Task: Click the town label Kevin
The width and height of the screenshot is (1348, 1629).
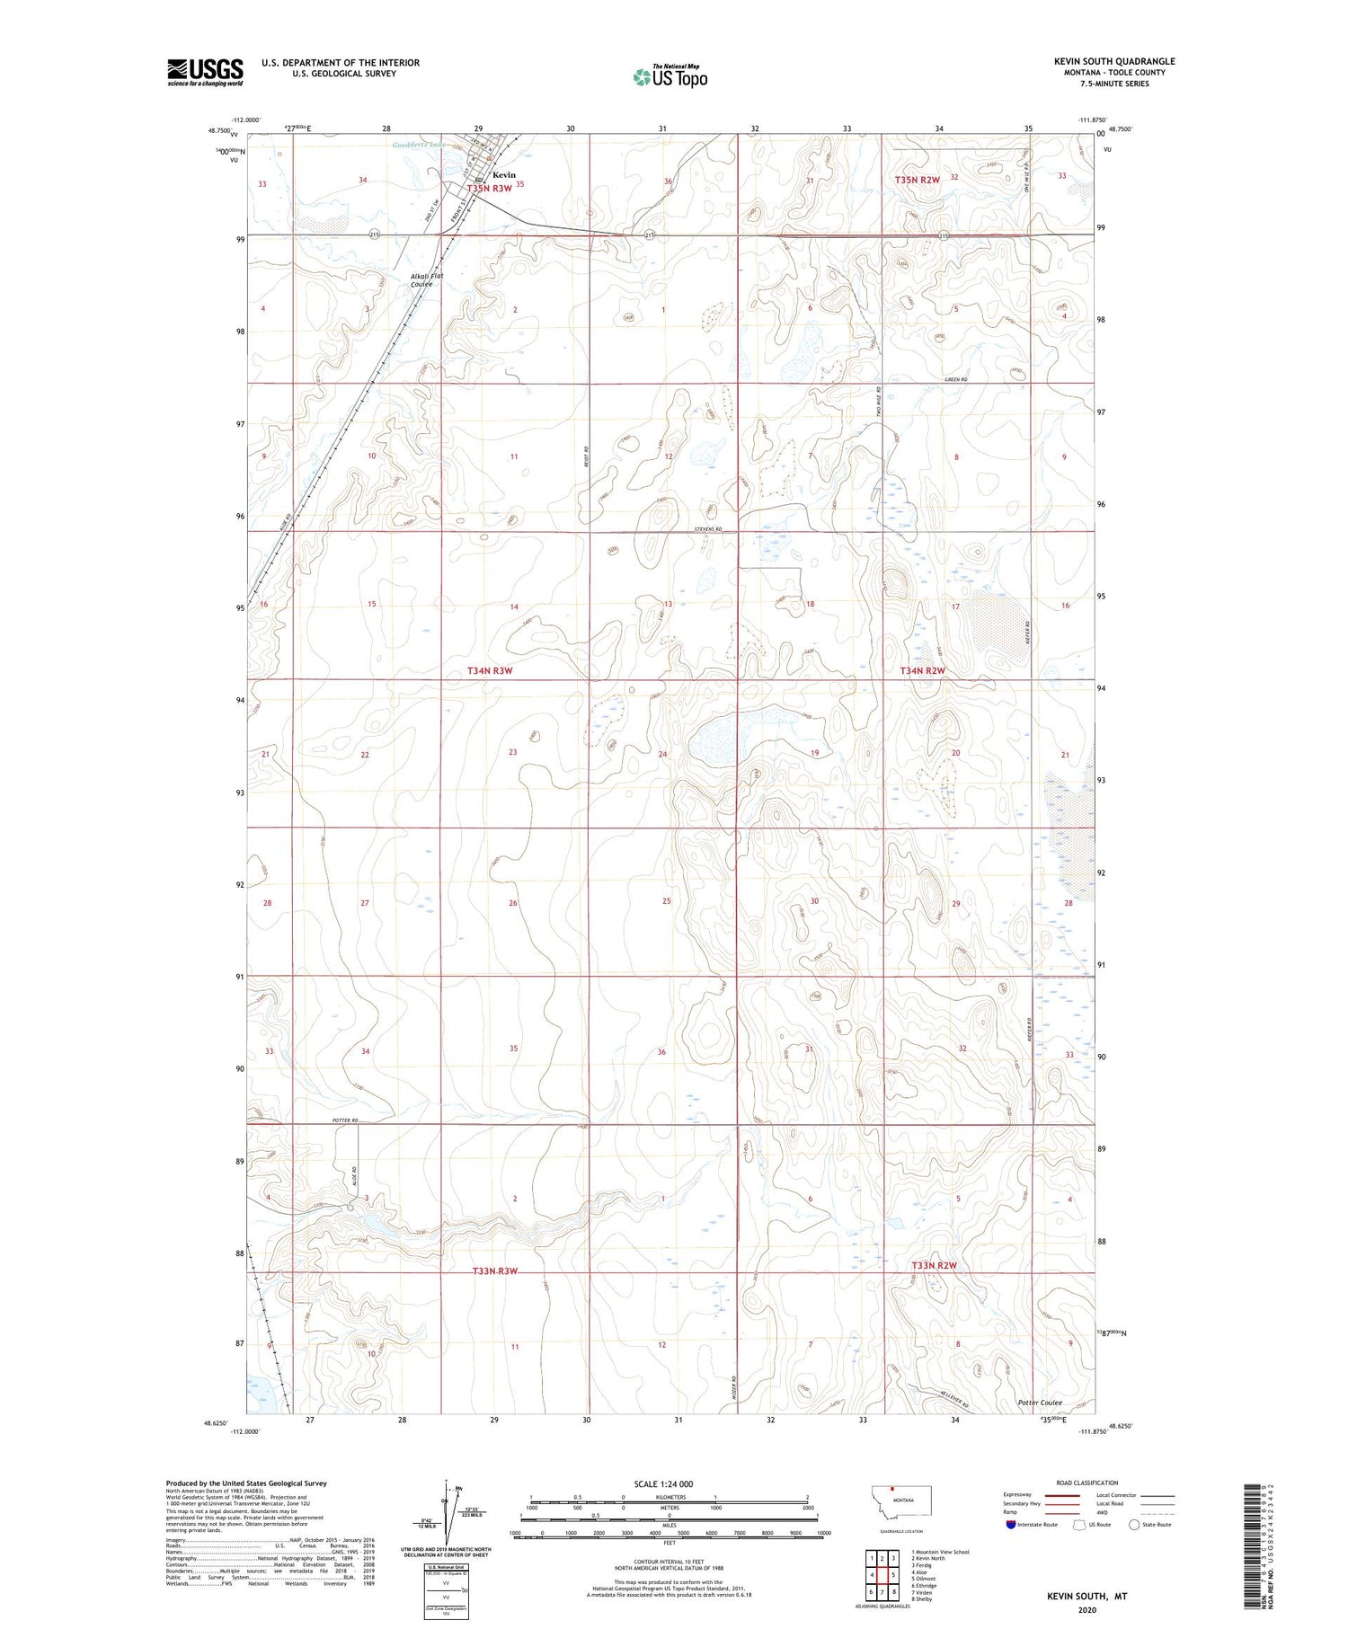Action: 504,174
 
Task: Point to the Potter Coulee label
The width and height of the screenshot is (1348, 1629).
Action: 1040,1403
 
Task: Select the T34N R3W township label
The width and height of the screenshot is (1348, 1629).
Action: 490,671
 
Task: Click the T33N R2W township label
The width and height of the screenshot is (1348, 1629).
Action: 935,1265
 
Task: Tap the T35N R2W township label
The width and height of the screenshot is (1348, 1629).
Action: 917,180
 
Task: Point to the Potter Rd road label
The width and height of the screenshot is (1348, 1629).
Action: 345,1120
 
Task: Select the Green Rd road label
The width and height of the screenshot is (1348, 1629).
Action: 956,380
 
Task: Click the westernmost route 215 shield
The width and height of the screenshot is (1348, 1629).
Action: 374,235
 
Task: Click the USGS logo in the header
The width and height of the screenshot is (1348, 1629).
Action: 205,72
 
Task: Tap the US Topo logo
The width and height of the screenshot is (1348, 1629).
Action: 670,77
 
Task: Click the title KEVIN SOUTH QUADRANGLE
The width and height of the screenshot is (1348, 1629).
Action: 1114,61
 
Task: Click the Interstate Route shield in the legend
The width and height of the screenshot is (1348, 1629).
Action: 1012,1524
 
